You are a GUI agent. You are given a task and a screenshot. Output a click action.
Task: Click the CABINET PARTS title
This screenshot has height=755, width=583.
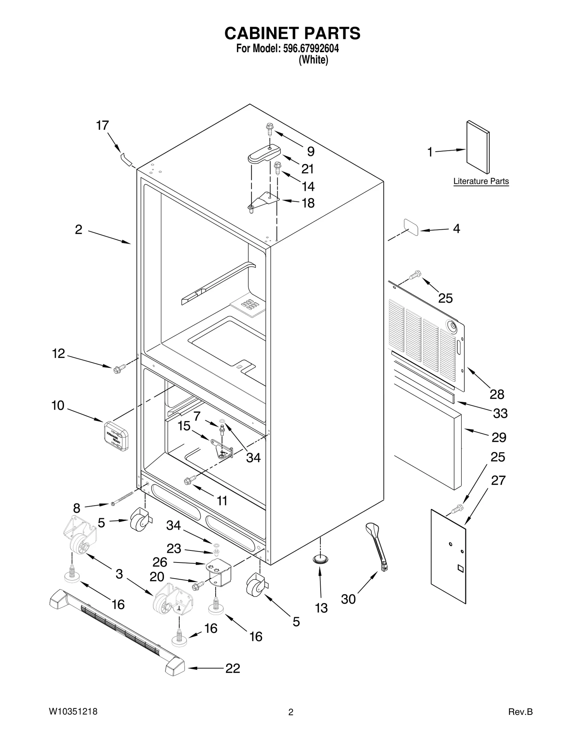[292, 33]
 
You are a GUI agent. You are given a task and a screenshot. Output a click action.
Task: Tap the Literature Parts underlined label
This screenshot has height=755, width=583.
[481, 181]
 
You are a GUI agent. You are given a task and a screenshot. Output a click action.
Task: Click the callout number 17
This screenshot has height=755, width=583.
[102, 125]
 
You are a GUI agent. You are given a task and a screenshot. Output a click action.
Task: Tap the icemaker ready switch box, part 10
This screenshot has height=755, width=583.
[116, 436]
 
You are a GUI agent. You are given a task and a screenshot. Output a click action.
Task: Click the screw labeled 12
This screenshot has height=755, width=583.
[118, 369]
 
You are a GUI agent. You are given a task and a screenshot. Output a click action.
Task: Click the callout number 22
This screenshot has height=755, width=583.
[233, 668]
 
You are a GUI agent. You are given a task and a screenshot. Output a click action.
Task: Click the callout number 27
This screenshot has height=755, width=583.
[498, 480]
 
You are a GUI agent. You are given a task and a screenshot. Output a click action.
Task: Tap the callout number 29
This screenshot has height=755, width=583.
[499, 437]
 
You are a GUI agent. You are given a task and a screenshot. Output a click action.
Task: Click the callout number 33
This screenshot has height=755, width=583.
[500, 413]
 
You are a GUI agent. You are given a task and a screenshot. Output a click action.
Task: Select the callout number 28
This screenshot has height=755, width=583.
[497, 394]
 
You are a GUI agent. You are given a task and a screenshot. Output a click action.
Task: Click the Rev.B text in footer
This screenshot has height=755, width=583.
[520, 712]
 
